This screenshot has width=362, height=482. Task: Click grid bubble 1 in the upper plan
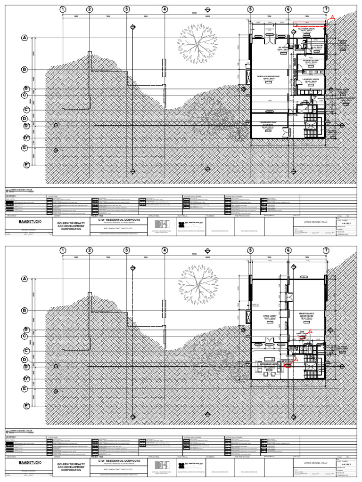[x=63, y=9]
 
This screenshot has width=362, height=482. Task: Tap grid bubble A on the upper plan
[x=24, y=38]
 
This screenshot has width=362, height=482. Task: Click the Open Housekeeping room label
[x=268, y=77]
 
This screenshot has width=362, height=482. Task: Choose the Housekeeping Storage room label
[x=268, y=124]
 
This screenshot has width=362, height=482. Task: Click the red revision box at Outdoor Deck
[x=310, y=24]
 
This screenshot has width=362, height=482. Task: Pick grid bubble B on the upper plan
[x=24, y=70]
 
